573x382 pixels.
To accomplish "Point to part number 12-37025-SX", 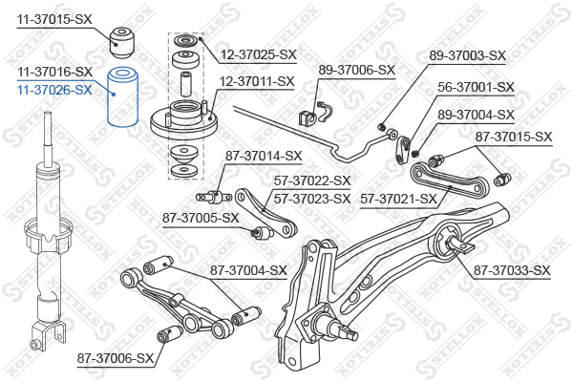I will [259, 54].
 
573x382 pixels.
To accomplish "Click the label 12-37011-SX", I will [257, 81].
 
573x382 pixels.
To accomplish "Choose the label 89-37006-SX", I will [356, 70].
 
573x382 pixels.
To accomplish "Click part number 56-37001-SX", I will [476, 87].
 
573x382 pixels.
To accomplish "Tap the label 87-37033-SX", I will [512, 270].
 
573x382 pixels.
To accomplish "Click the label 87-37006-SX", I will [116, 358].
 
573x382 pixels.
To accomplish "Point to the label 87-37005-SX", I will [200, 218].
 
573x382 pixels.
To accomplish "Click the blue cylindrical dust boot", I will [121, 98].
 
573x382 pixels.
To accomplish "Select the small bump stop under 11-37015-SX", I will [122, 40].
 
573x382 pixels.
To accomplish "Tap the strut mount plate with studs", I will [186, 118].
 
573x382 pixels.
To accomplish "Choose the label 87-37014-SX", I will [264, 156].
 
